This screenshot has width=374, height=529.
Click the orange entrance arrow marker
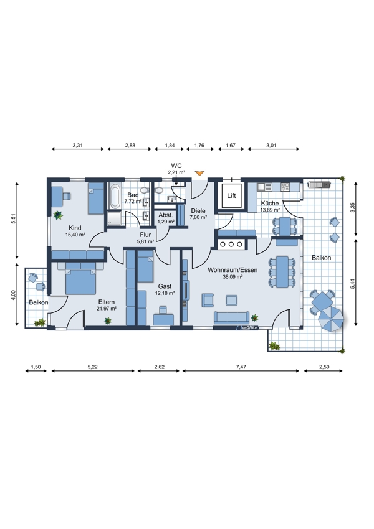pyautogui.click(x=200, y=173)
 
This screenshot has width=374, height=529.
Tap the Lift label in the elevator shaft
pyautogui.click(x=231, y=195)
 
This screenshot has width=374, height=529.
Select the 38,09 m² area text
pyautogui.click(x=233, y=277)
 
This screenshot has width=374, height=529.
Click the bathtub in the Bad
pyautogui.click(x=115, y=196)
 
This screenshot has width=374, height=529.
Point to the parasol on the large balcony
pyautogui.click(x=331, y=319)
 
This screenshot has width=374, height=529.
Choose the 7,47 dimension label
pyautogui.click(x=241, y=367)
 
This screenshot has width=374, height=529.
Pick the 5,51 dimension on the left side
pyautogui.click(x=14, y=219)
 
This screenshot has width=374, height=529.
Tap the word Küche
pyautogui.click(x=270, y=204)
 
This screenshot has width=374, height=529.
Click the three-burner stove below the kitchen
pyautogui.click(x=231, y=244)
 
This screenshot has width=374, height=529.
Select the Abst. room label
pyautogui.click(x=166, y=215)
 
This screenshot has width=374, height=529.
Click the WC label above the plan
pyautogui.click(x=176, y=166)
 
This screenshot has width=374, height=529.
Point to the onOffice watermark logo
pyautogui.click(x=247, y=327)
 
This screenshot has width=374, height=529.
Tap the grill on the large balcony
pyautogui.click(x=319, y=184)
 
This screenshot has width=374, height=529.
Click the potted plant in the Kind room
pyautogui.click(x=57, y=215)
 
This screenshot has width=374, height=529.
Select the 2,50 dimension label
pyautogui.click(x=324, y=367)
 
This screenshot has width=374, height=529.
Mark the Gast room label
pyautogui.click(x=165, y=286)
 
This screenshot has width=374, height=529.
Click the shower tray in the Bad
pyautogui.click(x=114, y=218)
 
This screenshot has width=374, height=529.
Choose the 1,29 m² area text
pyautogui.click(x=166, y=222)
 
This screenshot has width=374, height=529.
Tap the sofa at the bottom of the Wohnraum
pyautogui.click(x=231, y=317)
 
